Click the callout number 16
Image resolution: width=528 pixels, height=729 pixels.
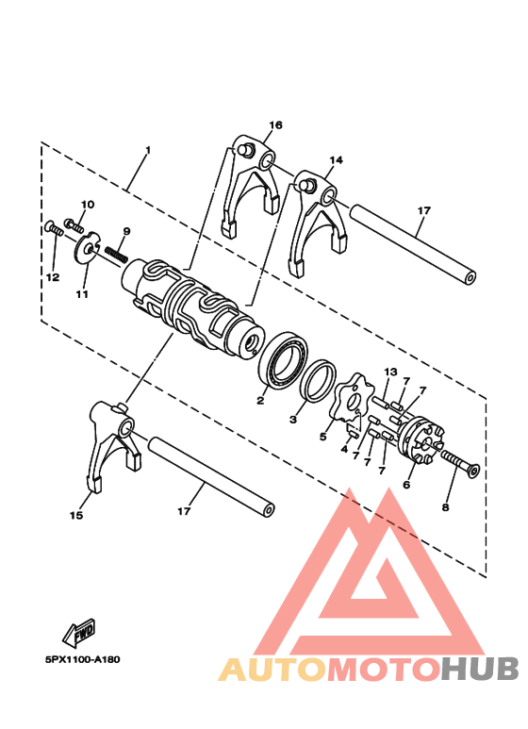275,125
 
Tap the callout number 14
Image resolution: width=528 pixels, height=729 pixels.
337,161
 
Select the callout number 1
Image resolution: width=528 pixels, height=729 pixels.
147,151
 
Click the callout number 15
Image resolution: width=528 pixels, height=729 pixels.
76,515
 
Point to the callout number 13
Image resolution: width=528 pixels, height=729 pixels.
390,372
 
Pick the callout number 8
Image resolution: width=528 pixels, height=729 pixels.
446,505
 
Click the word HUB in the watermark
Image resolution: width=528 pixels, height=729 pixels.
481,669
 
